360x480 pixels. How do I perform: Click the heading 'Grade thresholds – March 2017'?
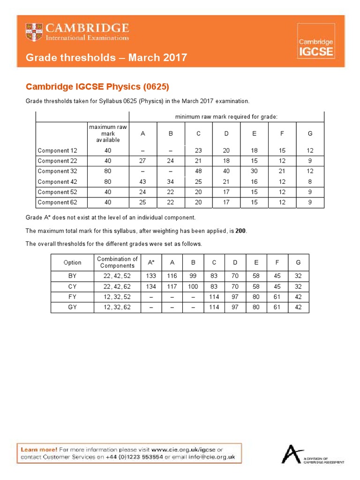(106, 58)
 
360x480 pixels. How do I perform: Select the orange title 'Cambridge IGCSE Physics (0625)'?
(97, 87)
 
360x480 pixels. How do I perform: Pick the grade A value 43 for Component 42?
(143, 182)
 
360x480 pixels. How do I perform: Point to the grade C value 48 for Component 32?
(199, 172)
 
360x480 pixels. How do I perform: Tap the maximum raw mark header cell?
(108, 134)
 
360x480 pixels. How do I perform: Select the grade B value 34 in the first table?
(171, 182)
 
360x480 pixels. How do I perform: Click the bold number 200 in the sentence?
(241, 231)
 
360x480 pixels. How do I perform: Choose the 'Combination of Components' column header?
(117, 262)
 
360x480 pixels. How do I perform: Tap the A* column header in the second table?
(151, 262)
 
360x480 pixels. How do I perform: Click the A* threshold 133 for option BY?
(151, 277)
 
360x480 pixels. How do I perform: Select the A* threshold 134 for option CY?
(151, 287)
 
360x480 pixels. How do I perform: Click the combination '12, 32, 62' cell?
(117, 307)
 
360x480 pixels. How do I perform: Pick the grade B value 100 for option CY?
(193, 287)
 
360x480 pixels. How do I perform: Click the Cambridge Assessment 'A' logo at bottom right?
(292, 454)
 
